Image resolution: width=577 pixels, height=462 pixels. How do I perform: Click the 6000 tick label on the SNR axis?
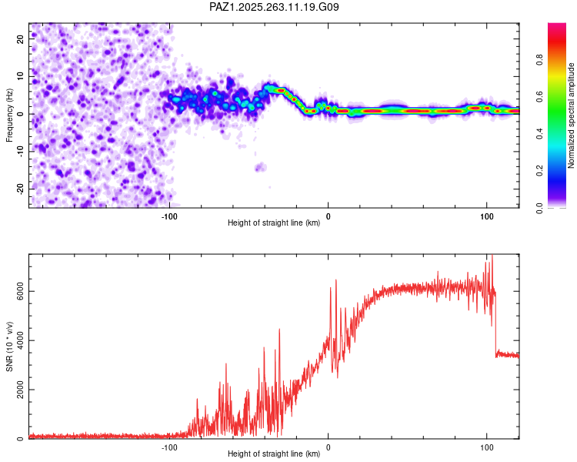pyautogui.click(x=16, y=291)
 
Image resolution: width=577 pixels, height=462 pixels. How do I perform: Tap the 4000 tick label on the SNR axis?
pyautogui.click(x=16, y=340)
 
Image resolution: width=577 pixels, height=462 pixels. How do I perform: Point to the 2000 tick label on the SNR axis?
pyautogui.click(x=16, y=390)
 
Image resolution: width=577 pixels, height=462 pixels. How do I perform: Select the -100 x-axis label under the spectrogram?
pyautogui.click(x=170, y=216)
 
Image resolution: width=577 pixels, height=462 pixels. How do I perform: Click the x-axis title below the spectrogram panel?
pyautogui.click(x=274, y=223)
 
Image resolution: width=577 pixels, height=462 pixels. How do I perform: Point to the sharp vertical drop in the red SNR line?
pyautogui.click(x=495, y=323)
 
